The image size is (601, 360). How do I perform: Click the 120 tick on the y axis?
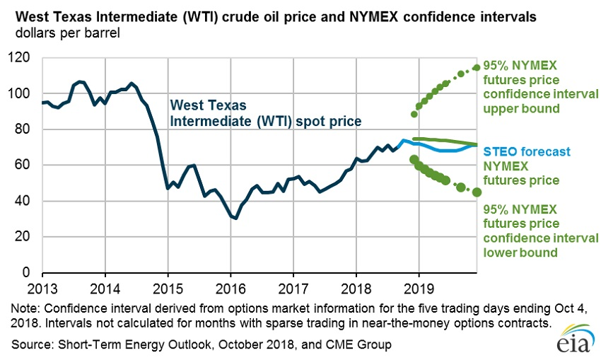(x=23, y=58)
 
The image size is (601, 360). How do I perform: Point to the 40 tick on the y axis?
(x=26, y=201)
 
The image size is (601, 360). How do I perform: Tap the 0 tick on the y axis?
(x=30, y=272)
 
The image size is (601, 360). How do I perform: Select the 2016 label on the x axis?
(x=231, y=287)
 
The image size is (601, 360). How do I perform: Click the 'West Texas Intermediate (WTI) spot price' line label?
(x=264, y=113)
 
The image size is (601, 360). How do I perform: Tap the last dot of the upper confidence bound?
(x=477, y=67)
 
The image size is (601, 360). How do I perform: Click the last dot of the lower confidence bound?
(x=477, y=192)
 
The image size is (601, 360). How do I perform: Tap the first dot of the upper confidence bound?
(x=414, y=113)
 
